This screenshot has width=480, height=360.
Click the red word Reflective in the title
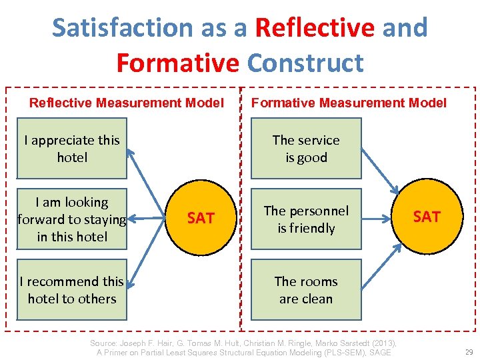(x=315, y=28)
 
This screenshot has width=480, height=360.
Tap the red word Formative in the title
(x=177, y=63)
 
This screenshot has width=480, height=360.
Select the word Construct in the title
(x=305, y=63)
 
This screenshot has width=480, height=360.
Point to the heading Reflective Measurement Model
(x=127, y=103)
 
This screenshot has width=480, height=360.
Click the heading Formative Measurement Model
(x=349, y=103)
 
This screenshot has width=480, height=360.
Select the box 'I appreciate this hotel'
(x=72, y=149)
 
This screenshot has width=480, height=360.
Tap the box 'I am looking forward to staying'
(x=72, y=219)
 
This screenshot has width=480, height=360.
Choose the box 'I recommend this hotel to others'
(x=72, y=290)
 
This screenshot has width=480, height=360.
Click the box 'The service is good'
(x=306, y=149)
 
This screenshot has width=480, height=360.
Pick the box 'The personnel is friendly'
(x=306, y=219)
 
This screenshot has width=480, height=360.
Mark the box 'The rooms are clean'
(x=306, y=290)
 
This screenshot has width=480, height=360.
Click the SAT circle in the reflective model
(x=201, y=218)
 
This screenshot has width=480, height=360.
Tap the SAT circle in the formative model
(x=427, y=217)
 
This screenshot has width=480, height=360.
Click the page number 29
(x=467, y=351)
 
